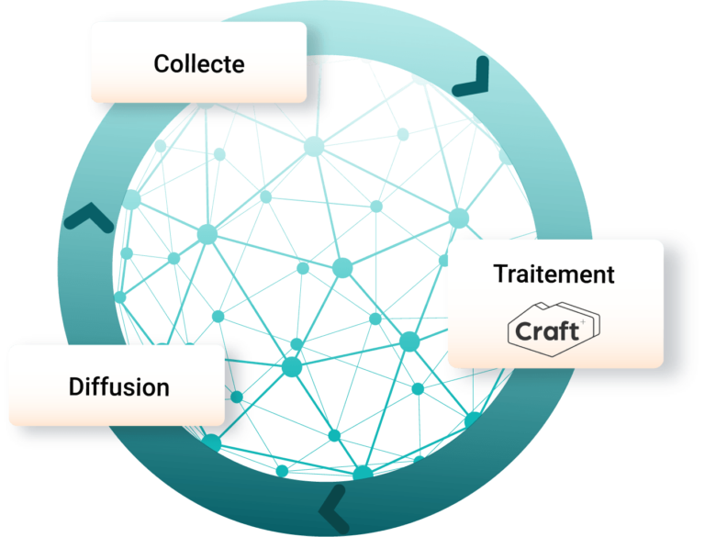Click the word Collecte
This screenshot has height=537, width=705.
point(199,64)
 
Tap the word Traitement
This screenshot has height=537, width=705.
point(554,274)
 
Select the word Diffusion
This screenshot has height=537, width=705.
point(119,386)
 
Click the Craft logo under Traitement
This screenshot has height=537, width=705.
point(554,328)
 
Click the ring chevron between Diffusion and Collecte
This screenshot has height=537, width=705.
point(88,218)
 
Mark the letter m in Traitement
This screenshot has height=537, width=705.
point(574,274)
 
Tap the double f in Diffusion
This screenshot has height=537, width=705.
point(103,386)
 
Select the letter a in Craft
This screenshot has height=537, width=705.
point(548,331)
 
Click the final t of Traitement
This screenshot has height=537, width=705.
point(609,274)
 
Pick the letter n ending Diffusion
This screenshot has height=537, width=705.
point(163,387)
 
